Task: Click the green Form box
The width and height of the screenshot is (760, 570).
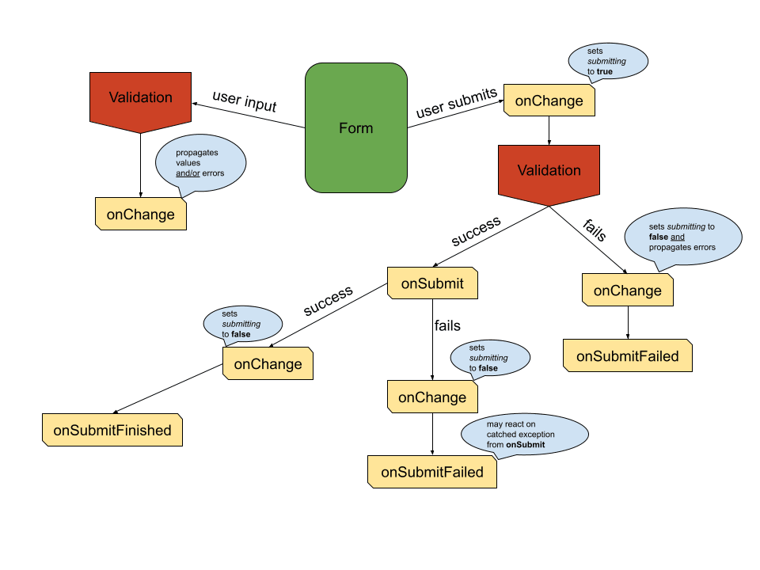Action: click(x=356, y=128)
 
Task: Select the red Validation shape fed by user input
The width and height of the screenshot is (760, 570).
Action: click(x=140, y=98)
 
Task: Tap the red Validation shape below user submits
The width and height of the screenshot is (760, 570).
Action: click(x=549, y=171)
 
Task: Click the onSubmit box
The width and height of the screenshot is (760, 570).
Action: click(x=431, y=283)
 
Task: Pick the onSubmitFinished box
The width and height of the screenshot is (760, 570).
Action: click(x=112, y=431)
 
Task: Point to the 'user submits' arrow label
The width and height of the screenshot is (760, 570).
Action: click(x=456, y=104)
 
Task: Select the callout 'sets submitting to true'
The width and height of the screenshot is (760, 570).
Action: click(x=607, y=61)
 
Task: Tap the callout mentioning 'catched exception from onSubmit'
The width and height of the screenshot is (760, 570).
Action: click(x=526, y=435)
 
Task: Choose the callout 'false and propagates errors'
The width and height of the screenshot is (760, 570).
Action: click(x=682, y=237)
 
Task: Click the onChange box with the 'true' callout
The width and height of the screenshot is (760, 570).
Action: click(x=549, y=101)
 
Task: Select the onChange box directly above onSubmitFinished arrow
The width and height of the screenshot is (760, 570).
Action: click(x=268, y=364)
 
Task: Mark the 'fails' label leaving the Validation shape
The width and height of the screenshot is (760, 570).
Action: click(x=595, y=230)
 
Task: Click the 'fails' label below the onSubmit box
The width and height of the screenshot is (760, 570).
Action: click(x=447, y=325)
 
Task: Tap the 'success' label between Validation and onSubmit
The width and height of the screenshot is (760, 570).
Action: click(x=476, y=230)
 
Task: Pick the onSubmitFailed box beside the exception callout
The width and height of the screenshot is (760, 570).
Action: click(x=431, y=472)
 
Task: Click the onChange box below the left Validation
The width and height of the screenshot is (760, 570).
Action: click(x=140, y=215)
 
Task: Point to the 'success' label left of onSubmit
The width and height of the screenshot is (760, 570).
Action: click(x=328, y=301)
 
